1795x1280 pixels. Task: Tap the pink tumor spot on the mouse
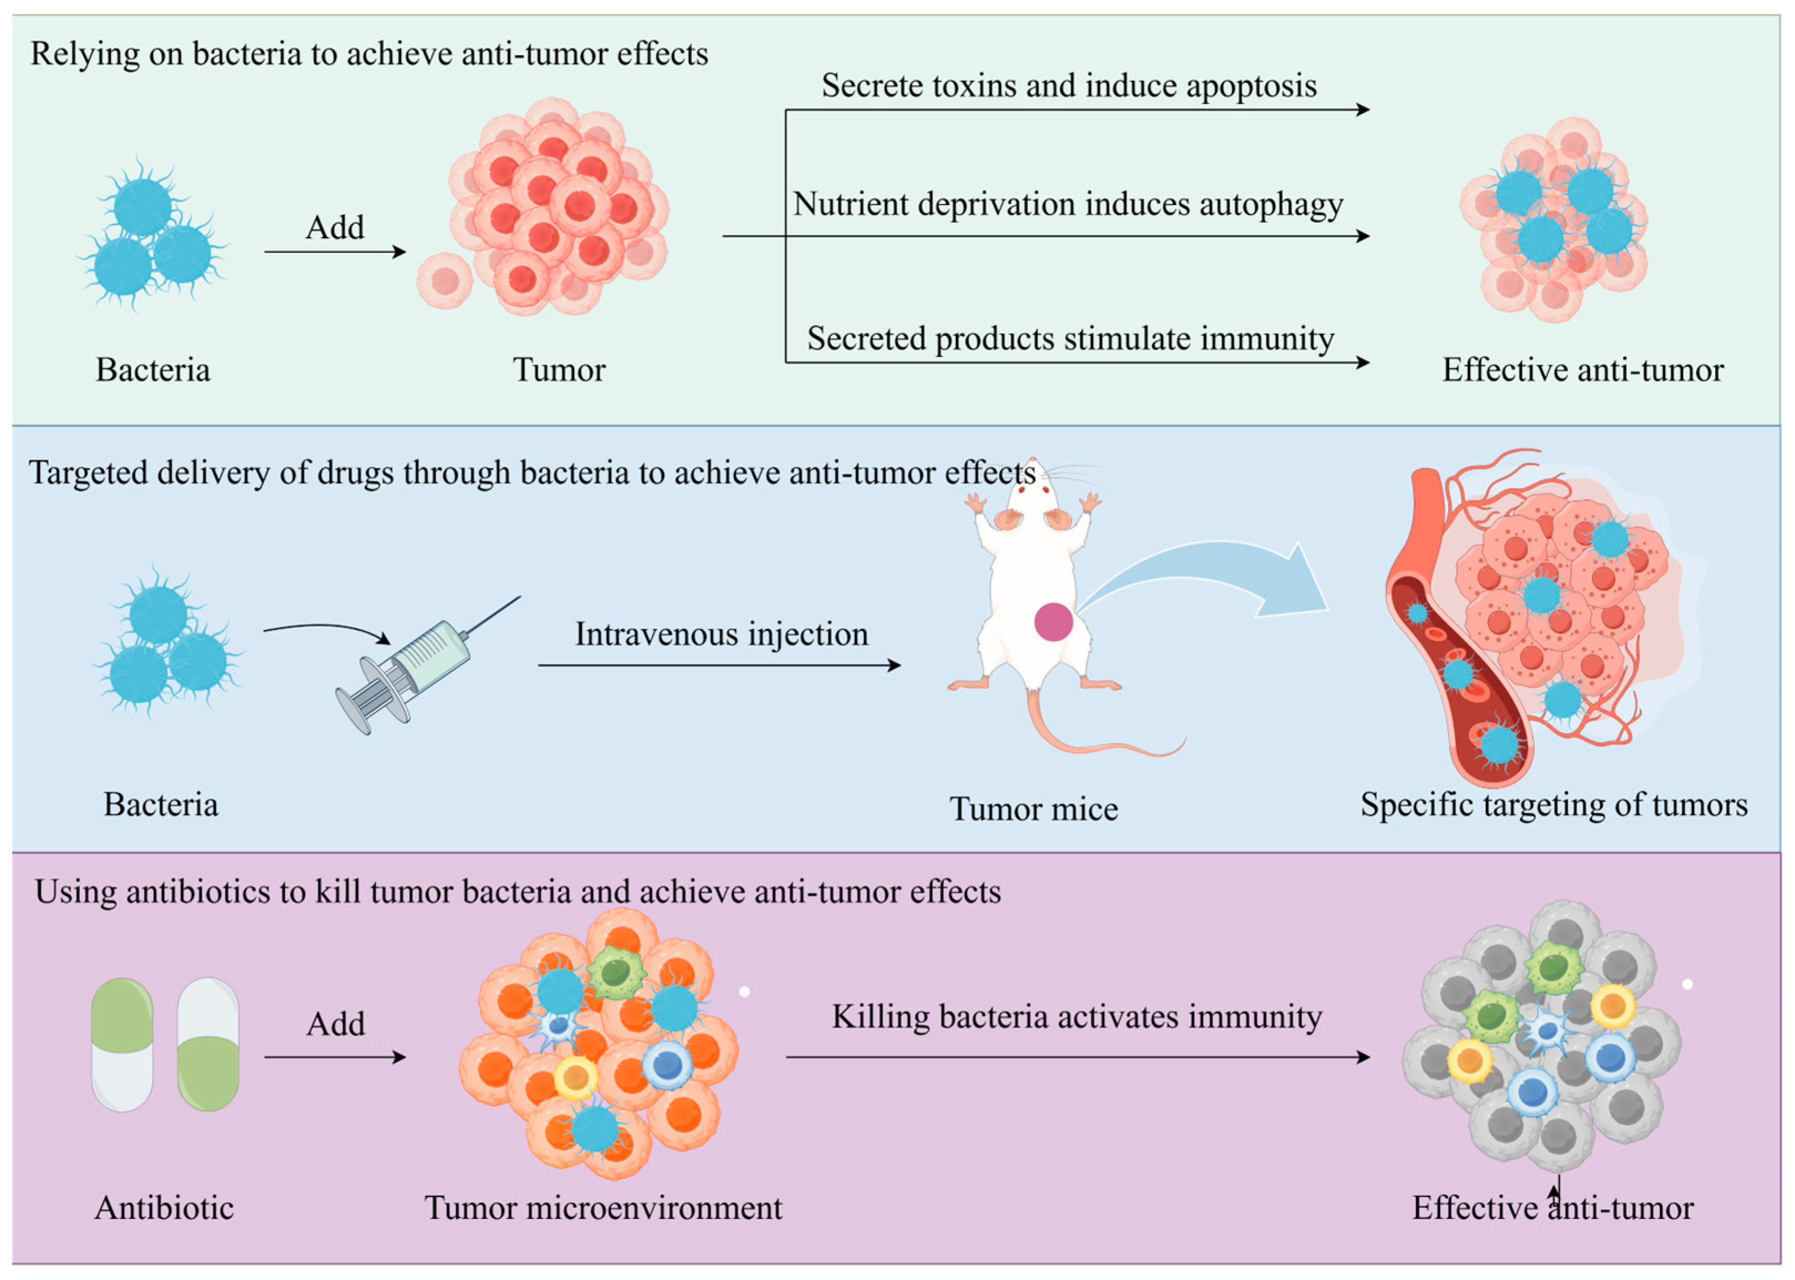1053,622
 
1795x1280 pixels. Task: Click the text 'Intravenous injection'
722,634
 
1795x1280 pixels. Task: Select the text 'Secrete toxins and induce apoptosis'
1069,85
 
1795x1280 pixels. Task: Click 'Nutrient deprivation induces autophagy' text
1068,204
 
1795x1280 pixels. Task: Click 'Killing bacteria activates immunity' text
1077,1017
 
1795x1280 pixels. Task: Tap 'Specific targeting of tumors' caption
1554,805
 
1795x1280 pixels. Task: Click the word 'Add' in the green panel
335,228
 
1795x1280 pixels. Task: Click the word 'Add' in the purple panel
335,1025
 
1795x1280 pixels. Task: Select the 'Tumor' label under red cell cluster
559,370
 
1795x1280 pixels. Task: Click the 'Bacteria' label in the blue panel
161,805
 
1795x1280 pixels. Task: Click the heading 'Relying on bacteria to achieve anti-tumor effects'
369,54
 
